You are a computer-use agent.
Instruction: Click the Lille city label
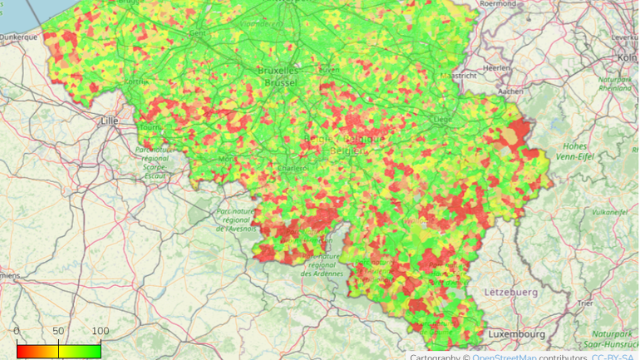pos(108,121)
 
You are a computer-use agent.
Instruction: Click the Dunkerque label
pos(19,37)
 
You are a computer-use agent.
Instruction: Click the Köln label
pos(627,57)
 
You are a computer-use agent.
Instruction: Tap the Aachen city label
pos(512,91)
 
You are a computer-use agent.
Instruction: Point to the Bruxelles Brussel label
pos(281,76)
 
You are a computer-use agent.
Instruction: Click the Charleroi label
pos(293,167)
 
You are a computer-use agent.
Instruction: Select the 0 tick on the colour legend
pos(17,332)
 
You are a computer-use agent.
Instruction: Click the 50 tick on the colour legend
pos(58,332)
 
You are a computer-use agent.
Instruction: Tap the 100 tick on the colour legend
pos(100,332)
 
